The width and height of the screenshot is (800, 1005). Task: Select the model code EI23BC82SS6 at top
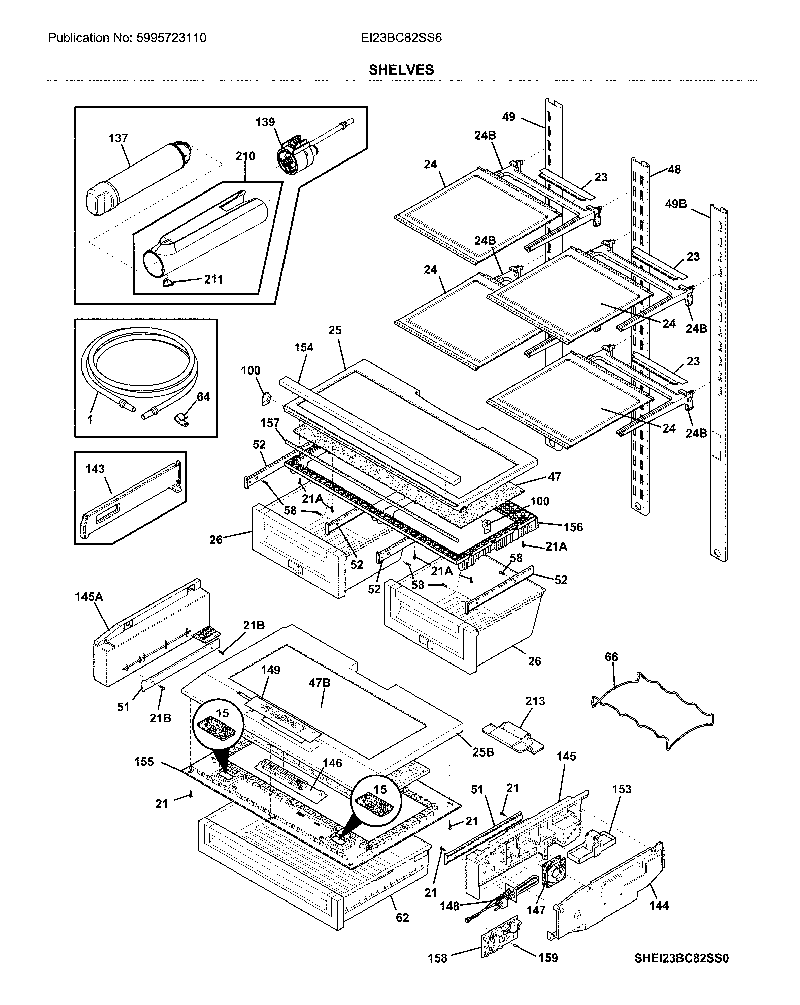(x=401, y=38)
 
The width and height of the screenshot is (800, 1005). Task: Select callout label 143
(x=95, y=469)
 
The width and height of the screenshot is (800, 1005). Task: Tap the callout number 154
(x=304, y=347)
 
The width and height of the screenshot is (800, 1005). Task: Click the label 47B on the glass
(x=320, y=683)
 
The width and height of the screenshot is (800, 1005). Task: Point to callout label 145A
(x=89, y=597)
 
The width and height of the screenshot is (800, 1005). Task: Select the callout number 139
(x=265, y=122)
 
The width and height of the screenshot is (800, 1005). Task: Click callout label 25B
(x=483, y=752)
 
